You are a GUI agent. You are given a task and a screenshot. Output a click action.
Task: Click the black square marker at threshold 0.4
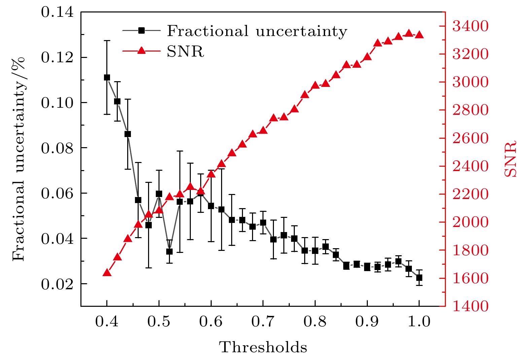pos(107,77)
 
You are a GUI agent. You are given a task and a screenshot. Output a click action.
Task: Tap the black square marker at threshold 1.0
pos(419,278)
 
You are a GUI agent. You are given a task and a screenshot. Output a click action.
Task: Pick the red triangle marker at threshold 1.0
pos(419,35)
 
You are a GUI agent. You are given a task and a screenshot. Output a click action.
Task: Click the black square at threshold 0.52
pos(169,252)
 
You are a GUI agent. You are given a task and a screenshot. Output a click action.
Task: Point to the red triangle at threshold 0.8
pos(315,85)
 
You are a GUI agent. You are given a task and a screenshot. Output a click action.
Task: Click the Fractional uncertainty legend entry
pos(257,31)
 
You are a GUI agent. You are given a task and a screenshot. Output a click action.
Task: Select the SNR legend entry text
pos(185,52)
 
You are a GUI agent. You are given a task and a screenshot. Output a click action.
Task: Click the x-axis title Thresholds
pos(263,347)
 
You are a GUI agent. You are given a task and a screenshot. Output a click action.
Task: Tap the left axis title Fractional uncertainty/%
pos(19,159)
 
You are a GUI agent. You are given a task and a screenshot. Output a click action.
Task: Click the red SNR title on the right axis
pos(510,159)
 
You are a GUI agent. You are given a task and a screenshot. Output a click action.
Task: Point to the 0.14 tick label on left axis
pos(57,12)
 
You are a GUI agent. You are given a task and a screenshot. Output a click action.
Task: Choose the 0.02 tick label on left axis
pos(57,284)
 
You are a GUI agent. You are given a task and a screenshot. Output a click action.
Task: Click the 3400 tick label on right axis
pos(470,26)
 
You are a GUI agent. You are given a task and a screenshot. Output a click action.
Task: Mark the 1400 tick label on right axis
pos(470,306)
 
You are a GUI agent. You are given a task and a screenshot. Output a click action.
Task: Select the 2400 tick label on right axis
pos(470,166)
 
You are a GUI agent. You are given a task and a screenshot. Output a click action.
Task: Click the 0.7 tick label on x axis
pos(263,322)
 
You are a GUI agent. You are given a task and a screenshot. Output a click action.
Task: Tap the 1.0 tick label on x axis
pos(419,322)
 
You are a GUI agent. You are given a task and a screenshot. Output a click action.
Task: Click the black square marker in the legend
pos(141,31)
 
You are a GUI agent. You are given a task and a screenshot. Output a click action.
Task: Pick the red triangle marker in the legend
pos(141,51)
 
